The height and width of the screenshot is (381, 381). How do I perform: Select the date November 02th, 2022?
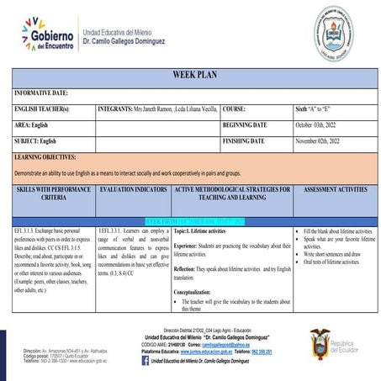325,140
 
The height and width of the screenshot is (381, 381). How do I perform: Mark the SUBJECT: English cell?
43,140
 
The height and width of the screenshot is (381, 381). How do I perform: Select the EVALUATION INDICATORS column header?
134,191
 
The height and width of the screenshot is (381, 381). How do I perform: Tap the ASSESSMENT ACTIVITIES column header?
335,191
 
